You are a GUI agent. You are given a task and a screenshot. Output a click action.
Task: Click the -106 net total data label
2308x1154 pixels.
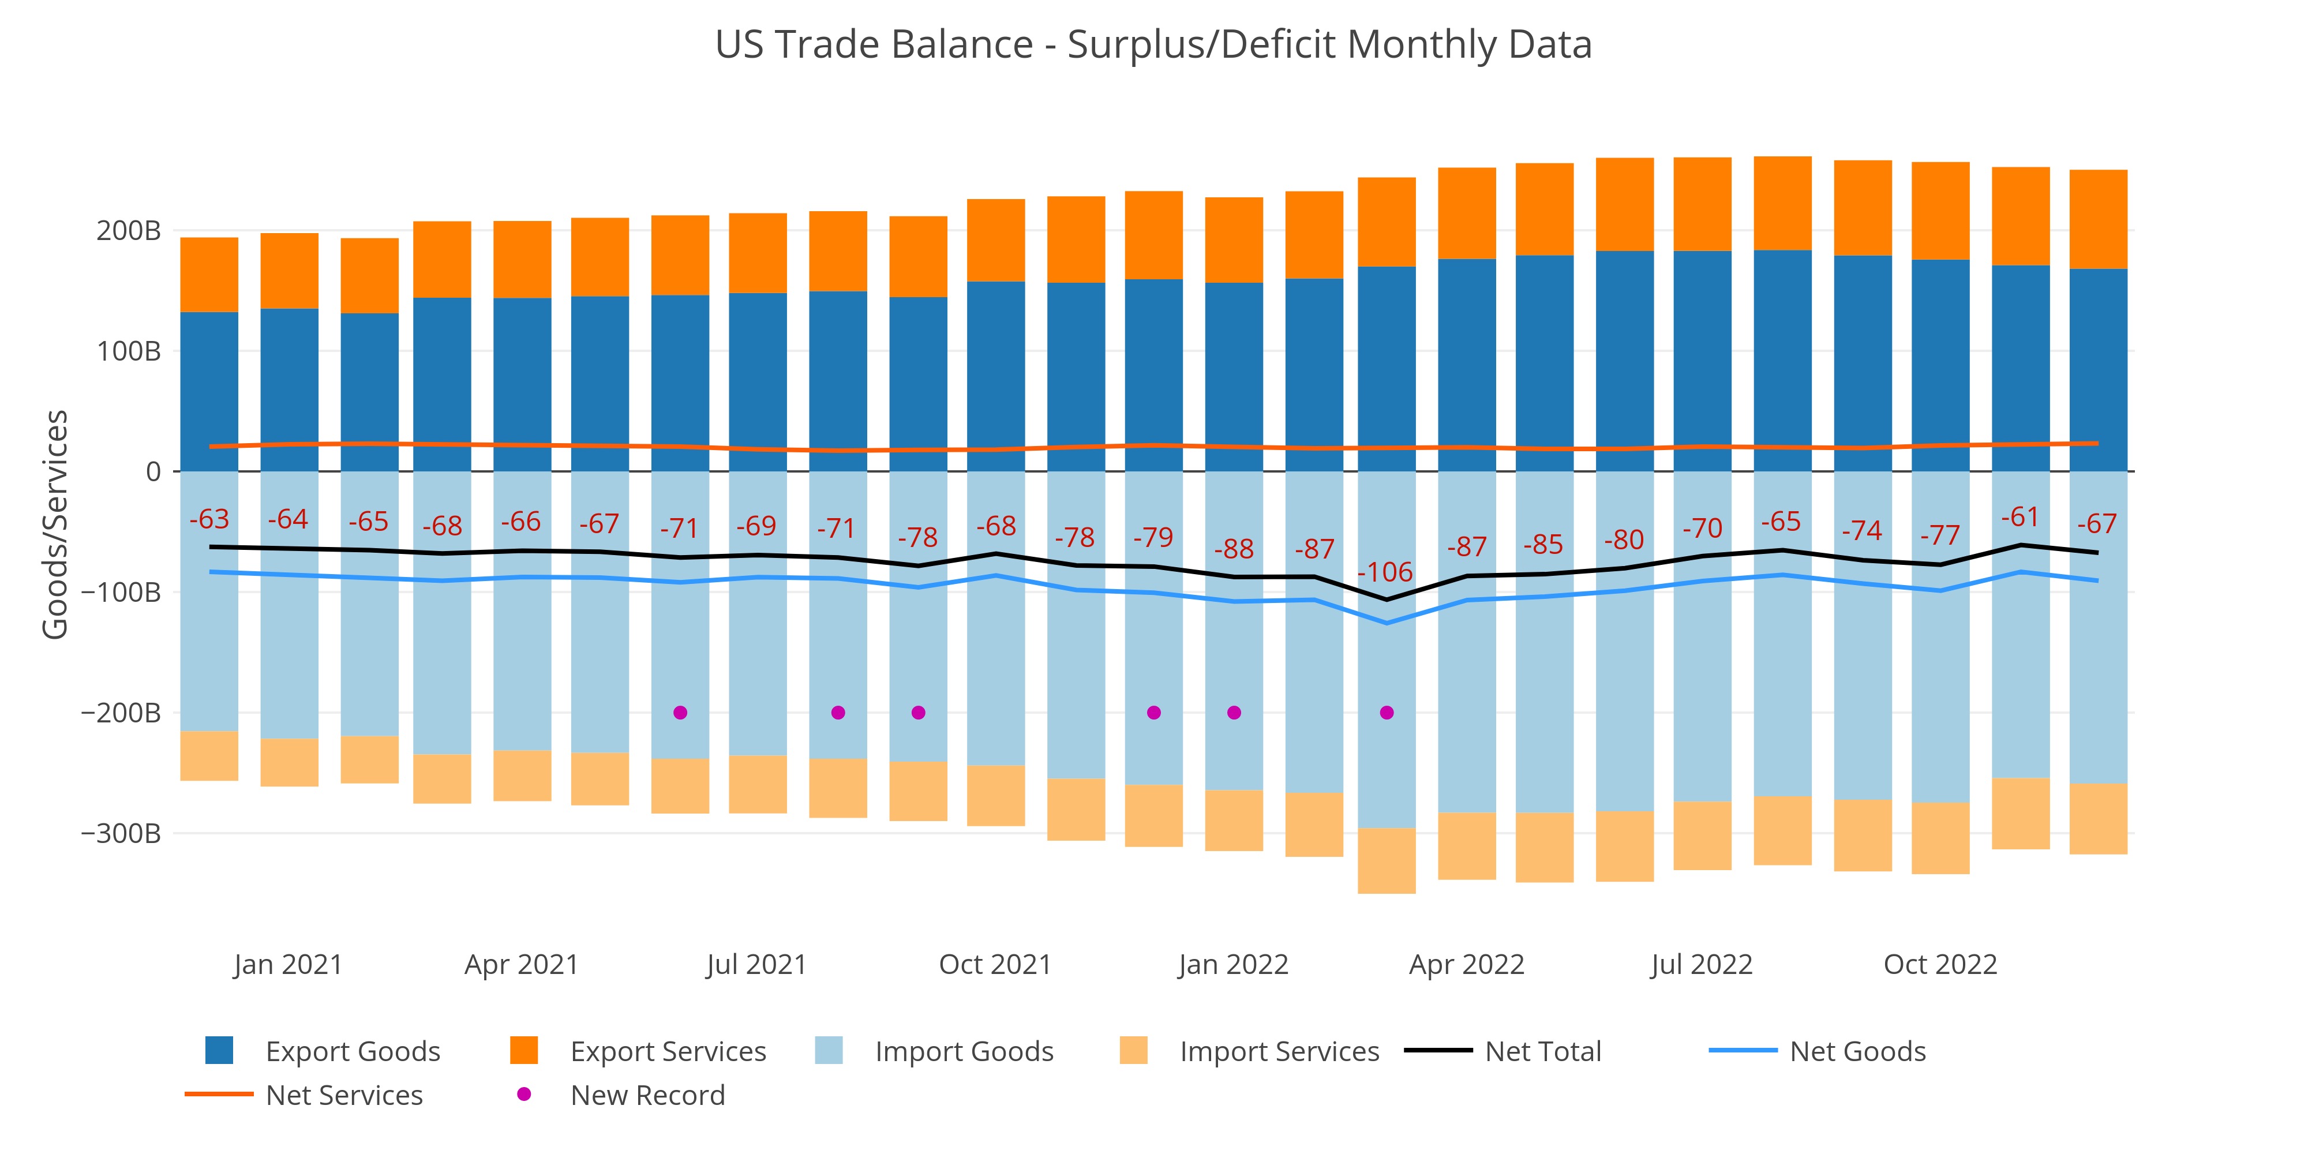(x=1385, y=572)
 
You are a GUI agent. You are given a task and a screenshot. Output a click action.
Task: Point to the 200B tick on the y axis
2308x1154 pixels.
(x=128, y=231)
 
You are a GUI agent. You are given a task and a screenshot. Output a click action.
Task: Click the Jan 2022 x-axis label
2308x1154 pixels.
(x=1233, y=965)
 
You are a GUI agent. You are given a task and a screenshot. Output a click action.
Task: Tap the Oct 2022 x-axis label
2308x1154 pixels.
(x=1940, y=965)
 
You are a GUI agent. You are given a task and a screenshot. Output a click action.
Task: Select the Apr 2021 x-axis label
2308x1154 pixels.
(x=522, y=965)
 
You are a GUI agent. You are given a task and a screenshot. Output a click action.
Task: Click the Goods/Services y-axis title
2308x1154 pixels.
(x=55, y=524)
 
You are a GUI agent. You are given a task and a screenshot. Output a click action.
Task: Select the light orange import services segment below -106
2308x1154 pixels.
(x=1387, y=860)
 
